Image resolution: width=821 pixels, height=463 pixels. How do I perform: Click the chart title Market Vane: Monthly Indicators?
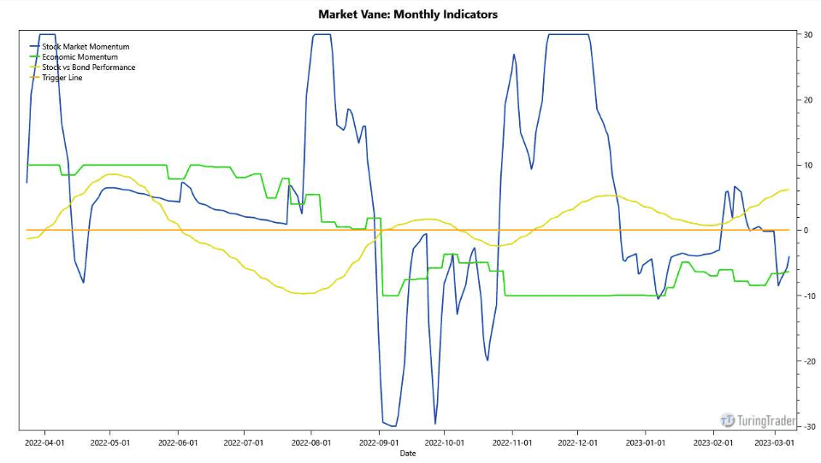click(x=407, y=14)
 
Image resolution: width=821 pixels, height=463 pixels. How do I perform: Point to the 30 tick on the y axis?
click(x=806, y=34)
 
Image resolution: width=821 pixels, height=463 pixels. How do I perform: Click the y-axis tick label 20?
click(x=806, y=100)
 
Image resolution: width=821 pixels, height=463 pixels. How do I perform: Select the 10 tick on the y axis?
click(x=806, y=165)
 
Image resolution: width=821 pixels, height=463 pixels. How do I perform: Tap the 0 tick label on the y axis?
click(x=805, y=231)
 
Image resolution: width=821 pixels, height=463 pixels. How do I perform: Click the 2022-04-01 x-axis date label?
click(x=44, y=442)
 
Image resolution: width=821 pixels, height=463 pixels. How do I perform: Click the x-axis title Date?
click(x=408, y=453)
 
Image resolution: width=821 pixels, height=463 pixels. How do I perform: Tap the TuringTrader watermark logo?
click(x=759, y=420)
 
